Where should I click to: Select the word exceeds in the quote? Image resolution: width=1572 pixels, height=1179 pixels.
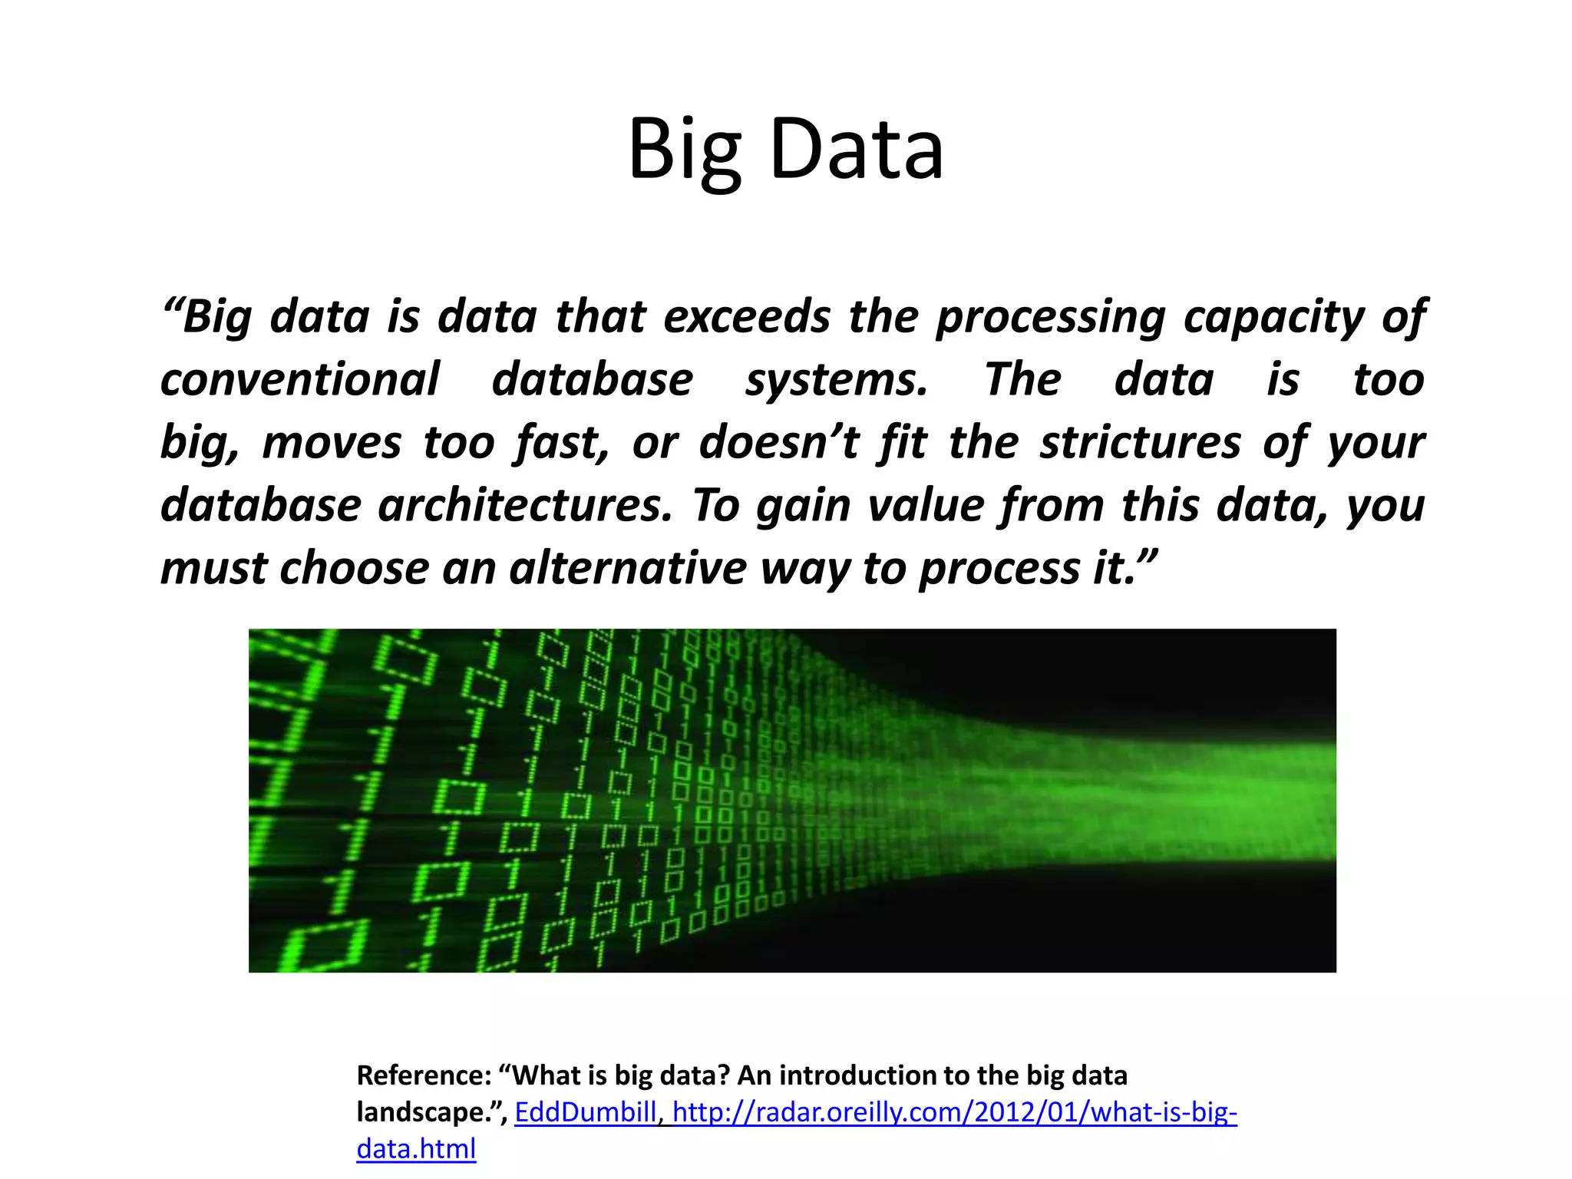coord(747,317)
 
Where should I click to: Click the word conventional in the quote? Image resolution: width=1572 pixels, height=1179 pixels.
coord(300,380)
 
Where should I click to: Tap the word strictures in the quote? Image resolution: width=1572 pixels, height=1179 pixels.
coord(1141,443)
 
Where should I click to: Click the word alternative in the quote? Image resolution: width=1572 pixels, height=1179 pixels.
coord(628,569)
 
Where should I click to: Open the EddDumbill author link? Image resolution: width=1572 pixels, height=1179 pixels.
coord(586,1112)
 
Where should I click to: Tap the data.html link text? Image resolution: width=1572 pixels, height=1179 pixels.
coord(416,1149)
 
